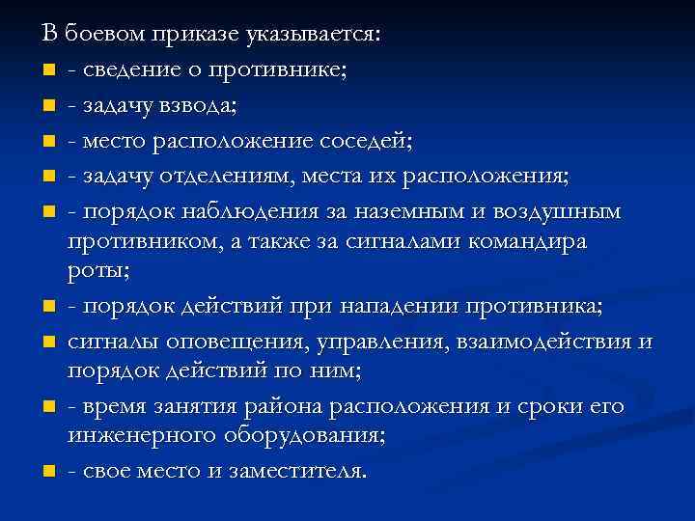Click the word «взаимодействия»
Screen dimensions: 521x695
pyautogui.click(x=542, y=343)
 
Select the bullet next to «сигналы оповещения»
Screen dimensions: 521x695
pyautogui.click(x=48, y=343)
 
